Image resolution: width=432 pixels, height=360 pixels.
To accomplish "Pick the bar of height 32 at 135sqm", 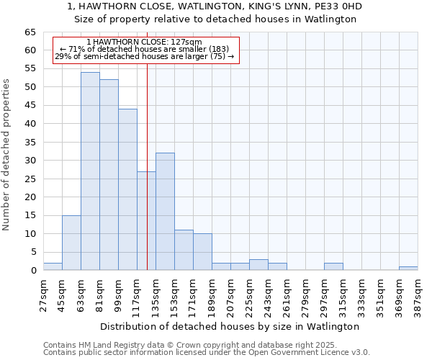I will point(165,212).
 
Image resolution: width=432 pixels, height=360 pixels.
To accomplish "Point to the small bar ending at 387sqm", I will point(408,268).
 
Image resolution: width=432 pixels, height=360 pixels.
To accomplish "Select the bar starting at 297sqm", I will point(333,266).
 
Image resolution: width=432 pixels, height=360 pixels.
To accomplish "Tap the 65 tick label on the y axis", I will point(30,32).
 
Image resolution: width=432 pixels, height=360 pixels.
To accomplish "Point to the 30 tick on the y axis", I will point(30,161).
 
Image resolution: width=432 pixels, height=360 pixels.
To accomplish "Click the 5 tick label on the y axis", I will point(33,252).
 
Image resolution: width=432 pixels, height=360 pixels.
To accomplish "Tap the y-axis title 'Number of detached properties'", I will point(6,155).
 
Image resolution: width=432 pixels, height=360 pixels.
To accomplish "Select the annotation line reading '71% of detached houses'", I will point(144,49).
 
